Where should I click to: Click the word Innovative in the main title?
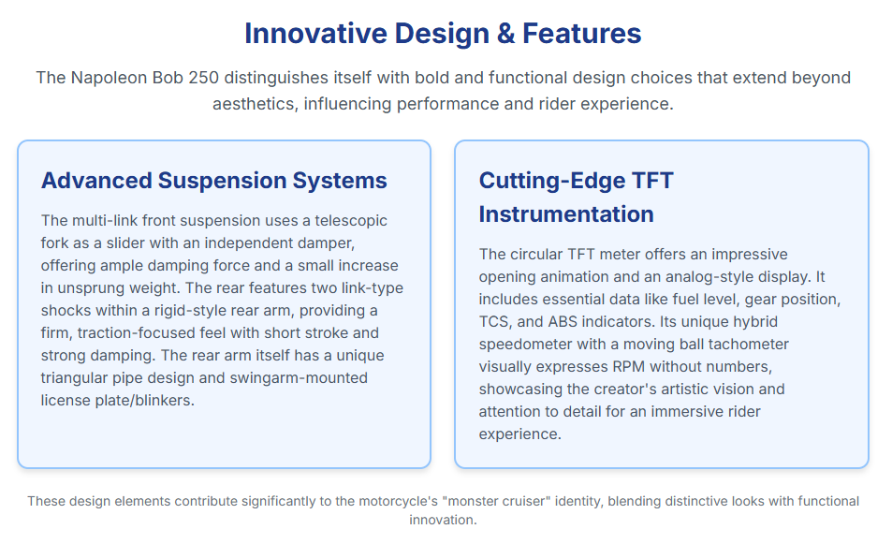[x=315, y=33]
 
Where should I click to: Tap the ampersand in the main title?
[x=505, y=33]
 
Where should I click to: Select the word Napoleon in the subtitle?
[x=109, y=78]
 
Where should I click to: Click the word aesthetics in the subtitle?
[x=255, y=104]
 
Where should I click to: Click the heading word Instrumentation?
[x=566, y=214]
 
